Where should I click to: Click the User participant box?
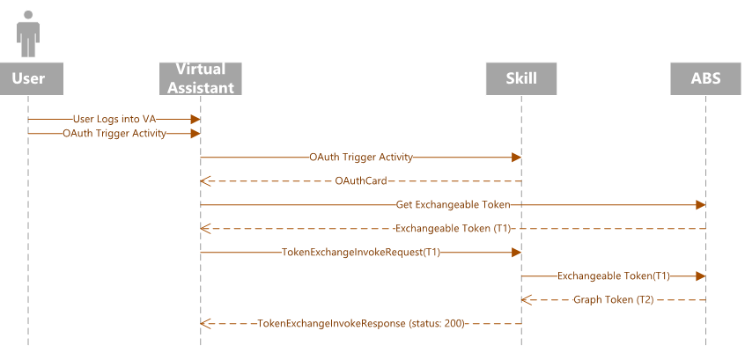28,78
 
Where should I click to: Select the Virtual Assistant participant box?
200,78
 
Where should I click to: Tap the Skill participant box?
521,78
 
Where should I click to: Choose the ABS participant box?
705,78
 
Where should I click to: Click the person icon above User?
28,33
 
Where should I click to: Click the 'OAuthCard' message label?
360,181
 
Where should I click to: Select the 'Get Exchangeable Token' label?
453,205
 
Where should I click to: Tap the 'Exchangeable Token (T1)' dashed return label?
453,229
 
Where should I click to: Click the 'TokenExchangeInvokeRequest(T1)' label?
360,253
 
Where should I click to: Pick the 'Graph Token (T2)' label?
613,300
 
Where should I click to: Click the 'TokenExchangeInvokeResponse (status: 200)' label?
360,324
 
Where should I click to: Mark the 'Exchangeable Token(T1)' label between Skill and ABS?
613,276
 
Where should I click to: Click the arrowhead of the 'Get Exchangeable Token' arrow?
700,205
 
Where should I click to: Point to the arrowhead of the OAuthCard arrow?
205,181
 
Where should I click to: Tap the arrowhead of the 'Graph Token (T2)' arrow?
527,300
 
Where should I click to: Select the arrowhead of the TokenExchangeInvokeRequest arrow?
516,253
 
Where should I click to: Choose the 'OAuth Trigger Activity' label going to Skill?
360,158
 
